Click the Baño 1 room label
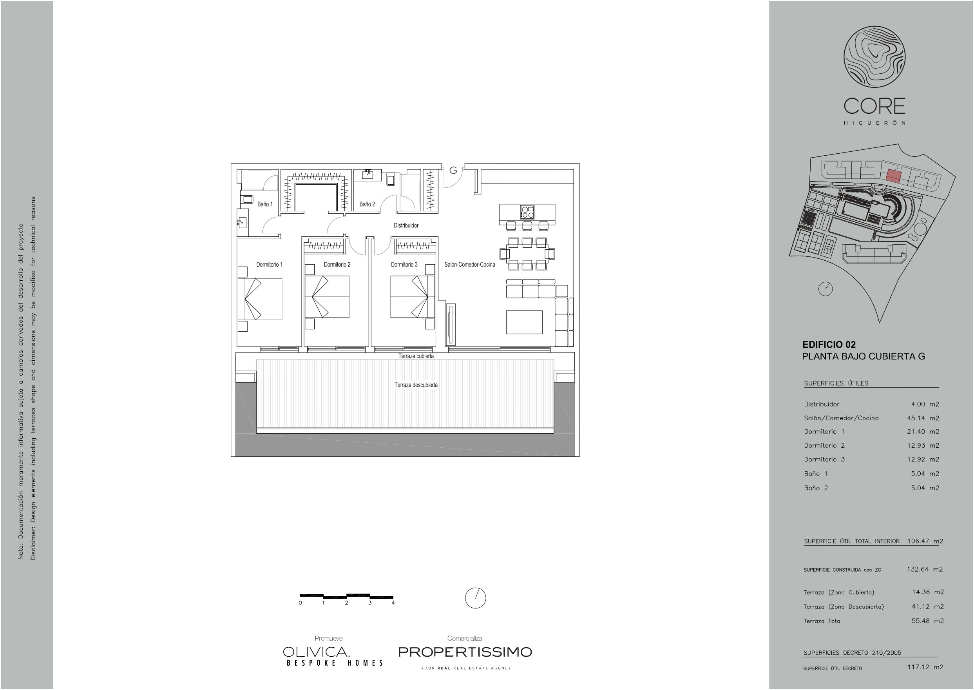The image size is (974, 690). (x=265, y=204)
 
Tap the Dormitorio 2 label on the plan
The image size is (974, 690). (x=337, y=264)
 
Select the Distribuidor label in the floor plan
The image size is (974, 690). (x=406, y=225)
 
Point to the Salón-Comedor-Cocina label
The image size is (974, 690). (x=470, y=264)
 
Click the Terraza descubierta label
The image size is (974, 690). (x=416, y=385)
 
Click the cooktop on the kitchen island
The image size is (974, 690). (x=527, y=211)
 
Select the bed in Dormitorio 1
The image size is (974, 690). (x=260, y=299)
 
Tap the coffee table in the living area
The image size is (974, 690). (x=524, y=322)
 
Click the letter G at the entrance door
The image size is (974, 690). (x=453, y=171)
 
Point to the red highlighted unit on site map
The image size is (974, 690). (x=893, y=176)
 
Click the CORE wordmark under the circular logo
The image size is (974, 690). (x=874, y=106)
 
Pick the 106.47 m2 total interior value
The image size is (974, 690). (x=925, y=541)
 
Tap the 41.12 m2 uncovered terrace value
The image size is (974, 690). (x=928, y=606)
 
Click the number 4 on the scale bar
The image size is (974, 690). (x=393, y=603)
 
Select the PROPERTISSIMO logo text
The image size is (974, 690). (x=465, y=652)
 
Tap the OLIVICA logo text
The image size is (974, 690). (x=316, y=652)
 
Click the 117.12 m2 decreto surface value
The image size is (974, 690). (x=925, y=666)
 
